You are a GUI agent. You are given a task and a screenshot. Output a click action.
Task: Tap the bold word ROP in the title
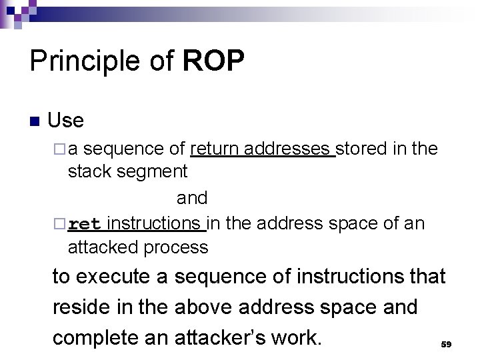coord(213,61)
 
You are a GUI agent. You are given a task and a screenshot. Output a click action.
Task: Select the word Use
coord(66,121)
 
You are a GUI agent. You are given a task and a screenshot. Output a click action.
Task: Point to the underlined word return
coord(215,148)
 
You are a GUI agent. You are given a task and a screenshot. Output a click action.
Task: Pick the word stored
coord(362,148)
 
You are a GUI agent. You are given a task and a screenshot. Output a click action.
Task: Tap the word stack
coord(90,171)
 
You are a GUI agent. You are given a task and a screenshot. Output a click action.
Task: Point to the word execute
coord(114,276)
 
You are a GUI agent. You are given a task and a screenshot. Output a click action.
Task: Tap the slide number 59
coord(446,344)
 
